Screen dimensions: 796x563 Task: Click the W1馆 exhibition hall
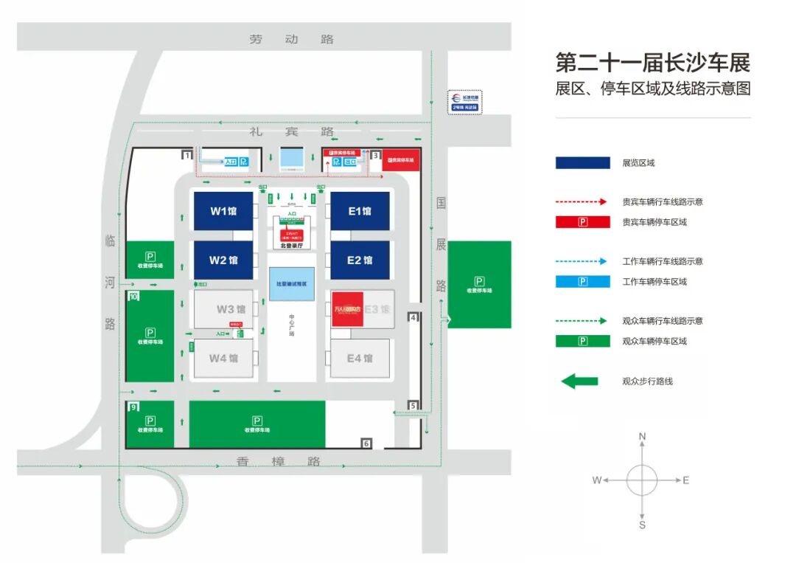(x=223, y=211)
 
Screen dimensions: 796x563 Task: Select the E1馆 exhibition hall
(x=360, y=211)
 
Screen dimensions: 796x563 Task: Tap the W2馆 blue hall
(x=223, y=260)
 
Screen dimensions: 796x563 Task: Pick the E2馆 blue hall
(x=360, y=260)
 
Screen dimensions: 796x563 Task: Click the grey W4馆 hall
(x=223, y=359)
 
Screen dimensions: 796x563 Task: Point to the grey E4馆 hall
(x=360, y=359)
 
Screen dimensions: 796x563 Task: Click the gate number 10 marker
(x=133, y=297)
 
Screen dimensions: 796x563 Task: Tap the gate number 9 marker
(x=133, y=407)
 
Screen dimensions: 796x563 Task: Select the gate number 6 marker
(x=366, y=443)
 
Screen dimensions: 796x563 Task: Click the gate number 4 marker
(x=413, y=317)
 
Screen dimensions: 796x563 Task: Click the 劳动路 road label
(x=292, y=39)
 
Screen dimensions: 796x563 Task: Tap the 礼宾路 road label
(x=292, y=132)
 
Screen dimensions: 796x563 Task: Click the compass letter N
(x=642, y=437)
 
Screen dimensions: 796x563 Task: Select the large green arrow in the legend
(x=579, y=381)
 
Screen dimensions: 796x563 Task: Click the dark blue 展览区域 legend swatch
(x=582, y=163)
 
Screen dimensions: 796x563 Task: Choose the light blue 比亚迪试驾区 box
(x=291, y=283)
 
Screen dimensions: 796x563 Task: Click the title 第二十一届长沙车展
(x=652, y=62)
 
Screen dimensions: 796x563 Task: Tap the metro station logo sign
(x=465, y=101)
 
